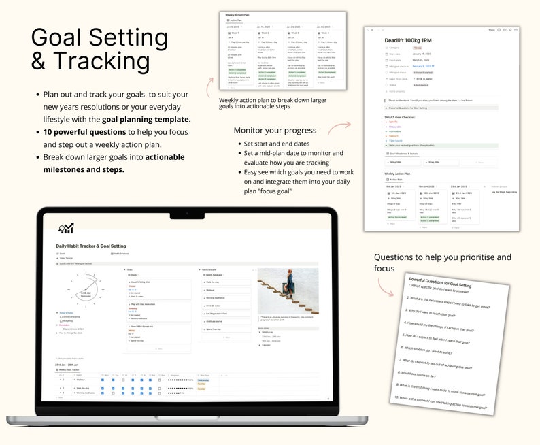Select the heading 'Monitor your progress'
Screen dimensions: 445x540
(x=275, y=130)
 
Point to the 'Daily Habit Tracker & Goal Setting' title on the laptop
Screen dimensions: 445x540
(x=92, y=245)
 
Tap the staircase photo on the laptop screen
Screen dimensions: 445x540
(x=288, y=291)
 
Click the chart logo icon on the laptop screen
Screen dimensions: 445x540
(x=67, y=228)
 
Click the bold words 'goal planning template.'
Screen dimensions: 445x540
(x=141, y=119)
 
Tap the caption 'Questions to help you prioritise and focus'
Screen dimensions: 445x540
(x=442, y=262)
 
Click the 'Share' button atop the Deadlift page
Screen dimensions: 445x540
(x=492, y=30)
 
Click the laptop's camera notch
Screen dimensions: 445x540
(x=188, y=213)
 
